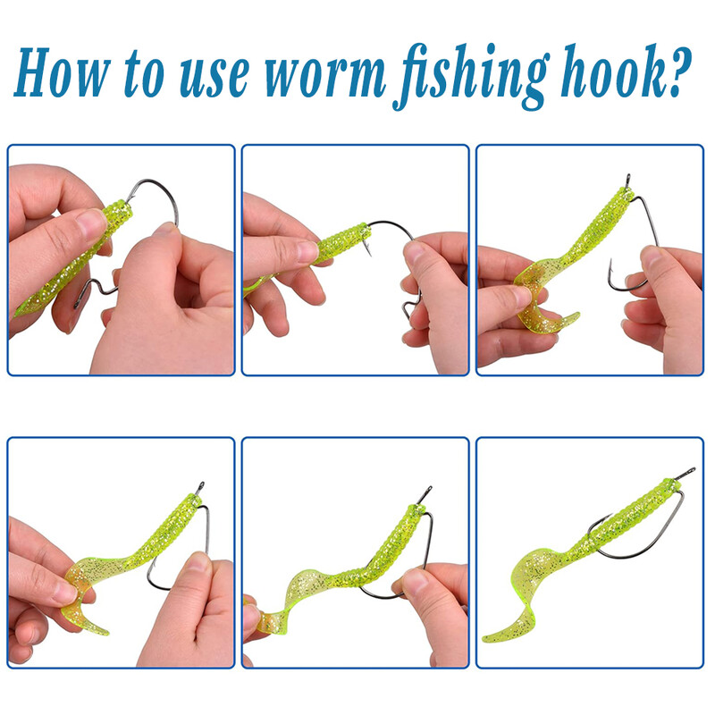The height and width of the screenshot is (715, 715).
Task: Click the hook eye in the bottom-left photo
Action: [x=200, y=487]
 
